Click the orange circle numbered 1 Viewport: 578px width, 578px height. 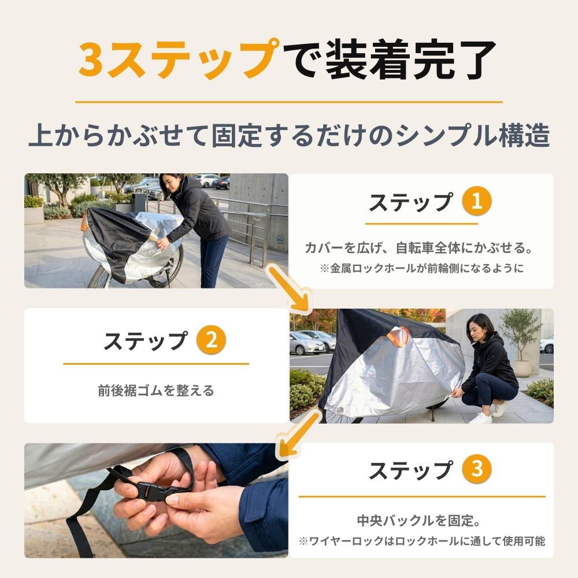coord(477,201)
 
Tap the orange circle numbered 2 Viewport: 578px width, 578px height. coord(211,340)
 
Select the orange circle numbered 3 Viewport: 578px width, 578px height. coord(477,469)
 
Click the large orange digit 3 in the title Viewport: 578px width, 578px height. coord(91,60)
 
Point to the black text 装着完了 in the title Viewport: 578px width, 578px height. coord(410,60)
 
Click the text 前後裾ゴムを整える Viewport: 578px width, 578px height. coord(156,390)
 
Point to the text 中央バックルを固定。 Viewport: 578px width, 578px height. coord(418,521)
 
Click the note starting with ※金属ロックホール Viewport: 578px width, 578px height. coord(422,268)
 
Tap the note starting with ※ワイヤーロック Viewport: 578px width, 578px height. coord(422,541)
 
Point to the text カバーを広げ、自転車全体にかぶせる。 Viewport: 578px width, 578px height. coord(420,248)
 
